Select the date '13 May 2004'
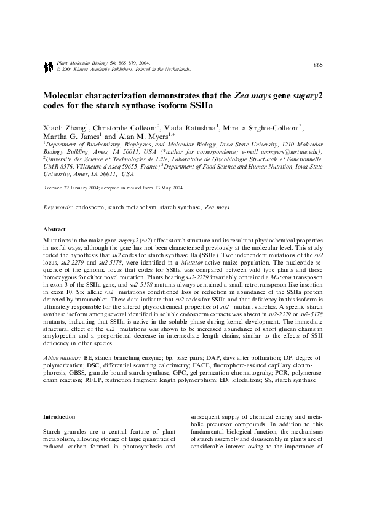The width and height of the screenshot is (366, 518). click(165, 188)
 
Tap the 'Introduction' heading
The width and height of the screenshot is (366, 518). click(58, 416)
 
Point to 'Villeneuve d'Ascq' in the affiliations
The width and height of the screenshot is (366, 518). click(103, 166)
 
